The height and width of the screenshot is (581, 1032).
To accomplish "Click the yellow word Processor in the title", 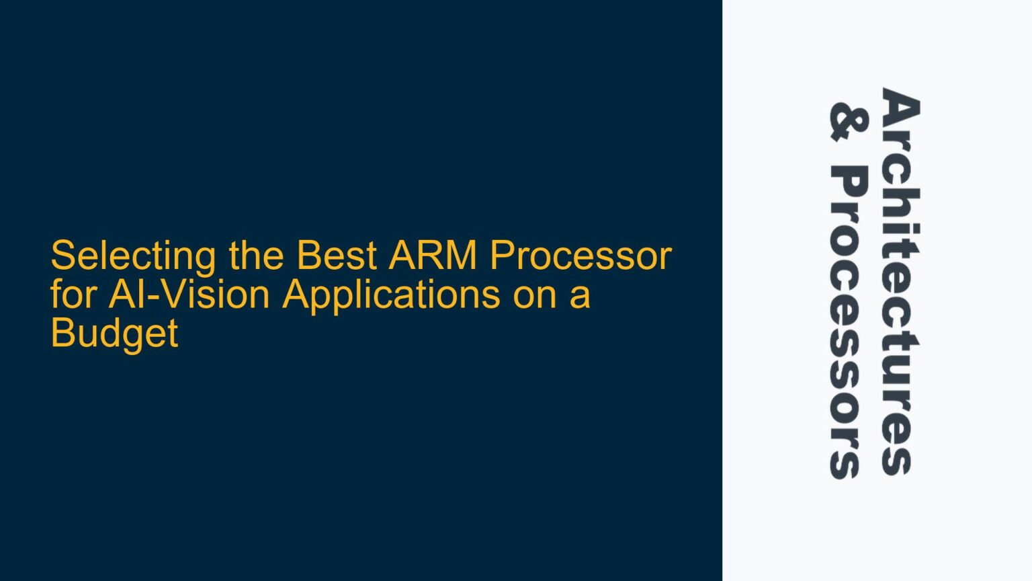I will pyautogui.click(x=580, y=256).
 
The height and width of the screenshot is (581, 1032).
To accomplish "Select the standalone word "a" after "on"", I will pyautogui.click(x=580, y=296).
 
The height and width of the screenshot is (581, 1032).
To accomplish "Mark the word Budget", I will pyautogui.click(x=114, y=334).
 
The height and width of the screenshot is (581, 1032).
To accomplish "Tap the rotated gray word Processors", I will pyautogui.click(x=848, y=323).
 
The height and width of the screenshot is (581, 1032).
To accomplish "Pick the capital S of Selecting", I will pyautogui.click(x=62, y=256).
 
